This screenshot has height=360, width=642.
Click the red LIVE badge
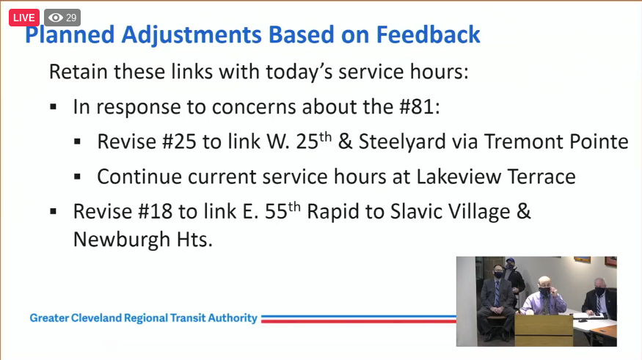point(23,18)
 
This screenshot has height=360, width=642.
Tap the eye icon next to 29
point(56,18)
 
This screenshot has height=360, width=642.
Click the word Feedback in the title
point(428,34)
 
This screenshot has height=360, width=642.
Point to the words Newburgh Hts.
point(142,240)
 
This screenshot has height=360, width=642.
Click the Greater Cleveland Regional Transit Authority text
point(144,318)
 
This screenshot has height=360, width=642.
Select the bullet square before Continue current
point(79,177)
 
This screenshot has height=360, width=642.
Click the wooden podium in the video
point(543,330)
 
